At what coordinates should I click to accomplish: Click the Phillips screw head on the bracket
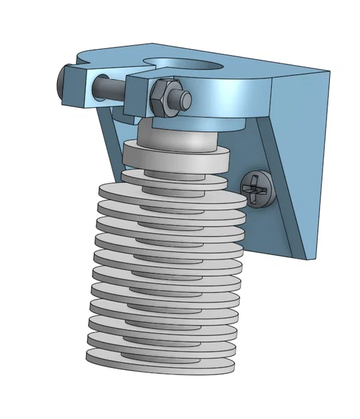coord(258,188)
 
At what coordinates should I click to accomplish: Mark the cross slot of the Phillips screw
coord(258,188)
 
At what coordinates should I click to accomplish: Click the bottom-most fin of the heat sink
coord(161,361)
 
